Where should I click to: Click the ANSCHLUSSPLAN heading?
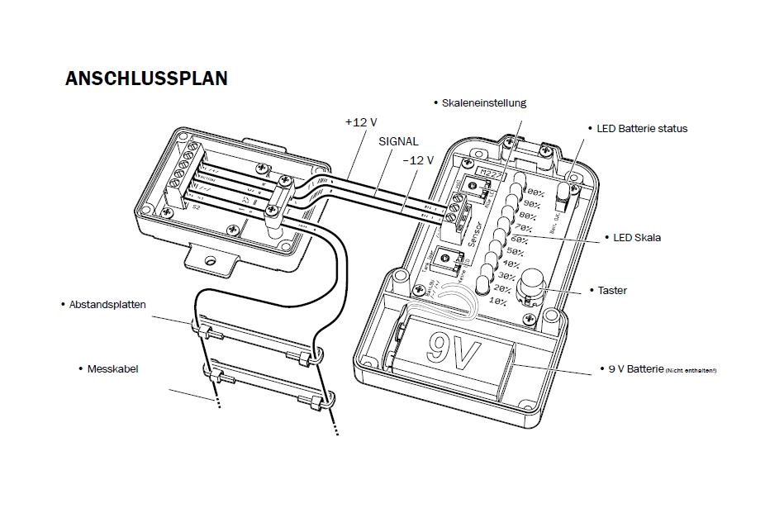click(x=146, y=78)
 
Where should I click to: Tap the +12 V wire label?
click(x=360, y=121)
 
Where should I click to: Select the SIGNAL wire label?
click(x=398, y=141)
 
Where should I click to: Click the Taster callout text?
click(x=611, y=291)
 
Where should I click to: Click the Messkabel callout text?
click(x=112, y=368)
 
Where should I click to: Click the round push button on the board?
click(x=531, y=283)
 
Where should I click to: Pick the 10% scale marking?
click(x=498, y=302)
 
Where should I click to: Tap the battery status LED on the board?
click(x=566, y=191)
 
